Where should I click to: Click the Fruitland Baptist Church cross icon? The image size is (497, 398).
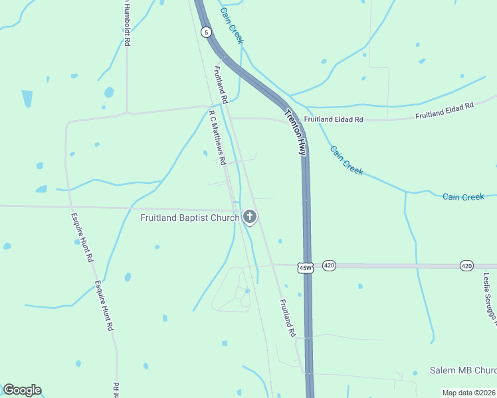[250, 217]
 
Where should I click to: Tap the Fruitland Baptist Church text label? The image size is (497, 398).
[189, 218]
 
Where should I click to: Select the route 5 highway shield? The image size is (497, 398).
[207, 32]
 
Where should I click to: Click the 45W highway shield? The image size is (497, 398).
[305, 267]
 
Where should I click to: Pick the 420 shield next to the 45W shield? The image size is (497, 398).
[329, 265]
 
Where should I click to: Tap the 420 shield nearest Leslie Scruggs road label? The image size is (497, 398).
[466, 265]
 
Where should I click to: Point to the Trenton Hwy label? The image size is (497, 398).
[295, 132]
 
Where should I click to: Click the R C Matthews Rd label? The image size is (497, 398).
[218, 137]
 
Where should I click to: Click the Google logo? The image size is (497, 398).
[22, 390]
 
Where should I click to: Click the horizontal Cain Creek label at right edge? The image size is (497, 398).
[464, 196]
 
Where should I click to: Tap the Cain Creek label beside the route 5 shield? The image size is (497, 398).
[233, 26]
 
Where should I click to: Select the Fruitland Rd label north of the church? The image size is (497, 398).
[221, 84]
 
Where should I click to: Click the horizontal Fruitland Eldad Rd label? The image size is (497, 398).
[334, 120]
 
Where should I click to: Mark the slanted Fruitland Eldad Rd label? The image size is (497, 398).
[445, 111]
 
